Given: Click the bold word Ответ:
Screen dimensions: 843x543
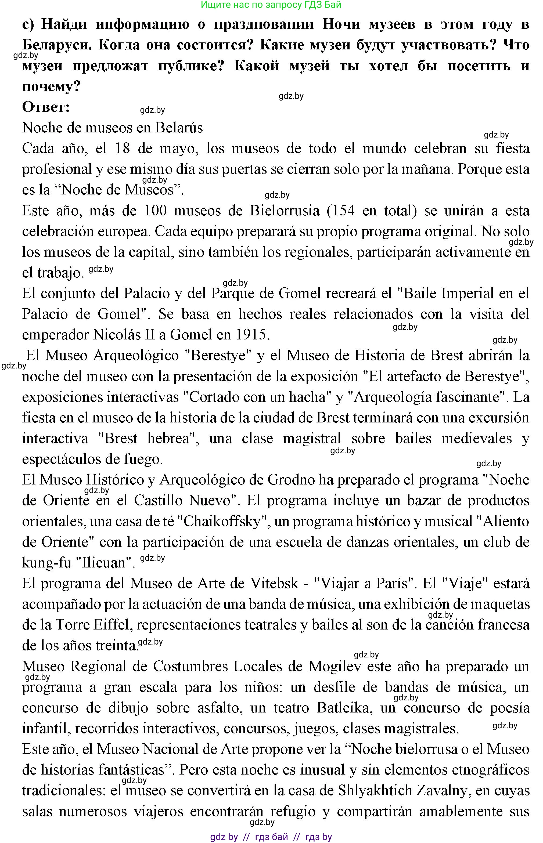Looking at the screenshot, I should coord(46,107).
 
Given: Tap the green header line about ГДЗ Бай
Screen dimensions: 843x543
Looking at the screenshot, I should coord(271,5).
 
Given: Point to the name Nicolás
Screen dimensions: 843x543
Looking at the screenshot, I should coord(115,334).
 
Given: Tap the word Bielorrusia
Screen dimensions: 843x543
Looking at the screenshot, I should coord(285,210).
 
